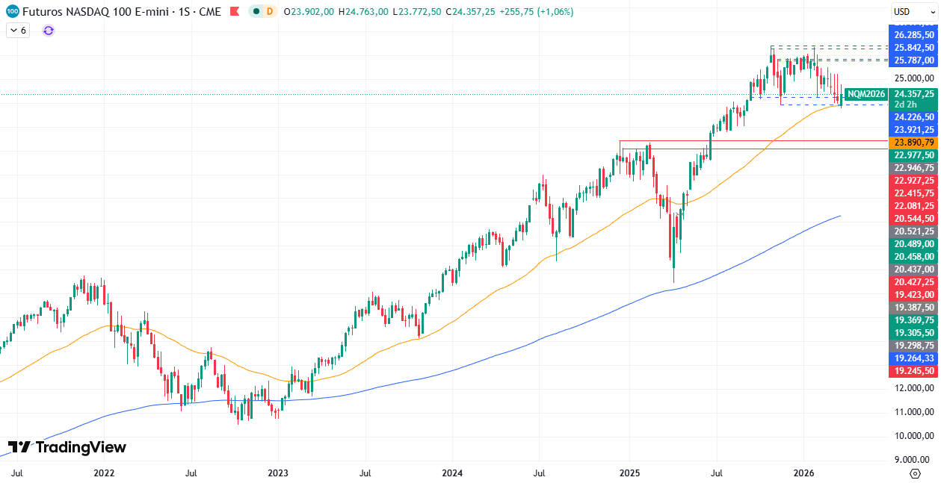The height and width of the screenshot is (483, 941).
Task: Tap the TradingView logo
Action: [67, 447]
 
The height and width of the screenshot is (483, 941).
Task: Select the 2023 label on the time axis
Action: [278, 473]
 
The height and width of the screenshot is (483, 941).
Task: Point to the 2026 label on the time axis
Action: [803, 473]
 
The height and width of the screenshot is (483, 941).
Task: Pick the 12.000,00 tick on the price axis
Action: [913, 388]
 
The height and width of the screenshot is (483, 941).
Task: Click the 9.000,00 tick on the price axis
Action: [913, 460]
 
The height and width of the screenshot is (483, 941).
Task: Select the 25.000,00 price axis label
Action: [913, 78]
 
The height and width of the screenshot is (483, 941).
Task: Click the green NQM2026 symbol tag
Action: [866, 94]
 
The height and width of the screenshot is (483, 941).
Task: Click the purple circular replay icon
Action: [49, 31]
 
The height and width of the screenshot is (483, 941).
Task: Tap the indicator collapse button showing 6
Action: [18, 31]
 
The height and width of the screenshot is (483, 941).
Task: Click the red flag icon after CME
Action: [234, 11]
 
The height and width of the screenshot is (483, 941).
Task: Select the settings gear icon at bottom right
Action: [915, 473]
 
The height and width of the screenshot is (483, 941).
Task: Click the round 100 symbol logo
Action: [12, 11]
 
